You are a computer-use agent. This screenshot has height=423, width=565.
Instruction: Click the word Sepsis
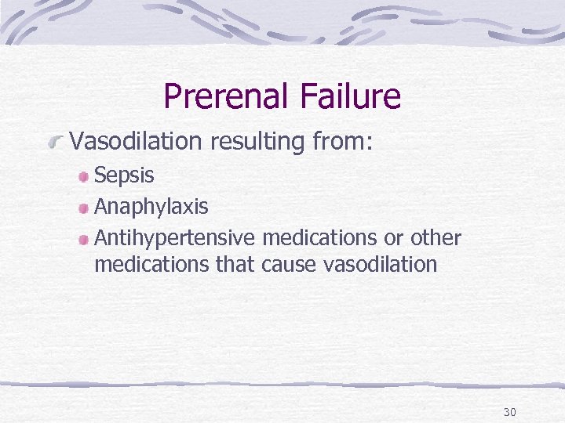pyautogui.click(x=124, y=175)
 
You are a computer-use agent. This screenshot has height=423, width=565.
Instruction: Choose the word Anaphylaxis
pyautogui.click(x=151, y=207)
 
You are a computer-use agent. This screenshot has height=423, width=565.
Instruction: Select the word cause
pyautogui.click(x=290, y=265)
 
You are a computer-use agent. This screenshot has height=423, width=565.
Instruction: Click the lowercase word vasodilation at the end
pyautogui.click(x=380, y=265)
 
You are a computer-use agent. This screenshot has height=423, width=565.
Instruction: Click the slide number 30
pyautogui.click(x=509, y=412)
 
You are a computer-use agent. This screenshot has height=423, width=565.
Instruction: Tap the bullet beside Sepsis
pyautogui.click(x=84, y=176)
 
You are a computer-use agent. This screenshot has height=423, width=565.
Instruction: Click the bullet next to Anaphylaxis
pyautogui.click(x=84, y=208)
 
